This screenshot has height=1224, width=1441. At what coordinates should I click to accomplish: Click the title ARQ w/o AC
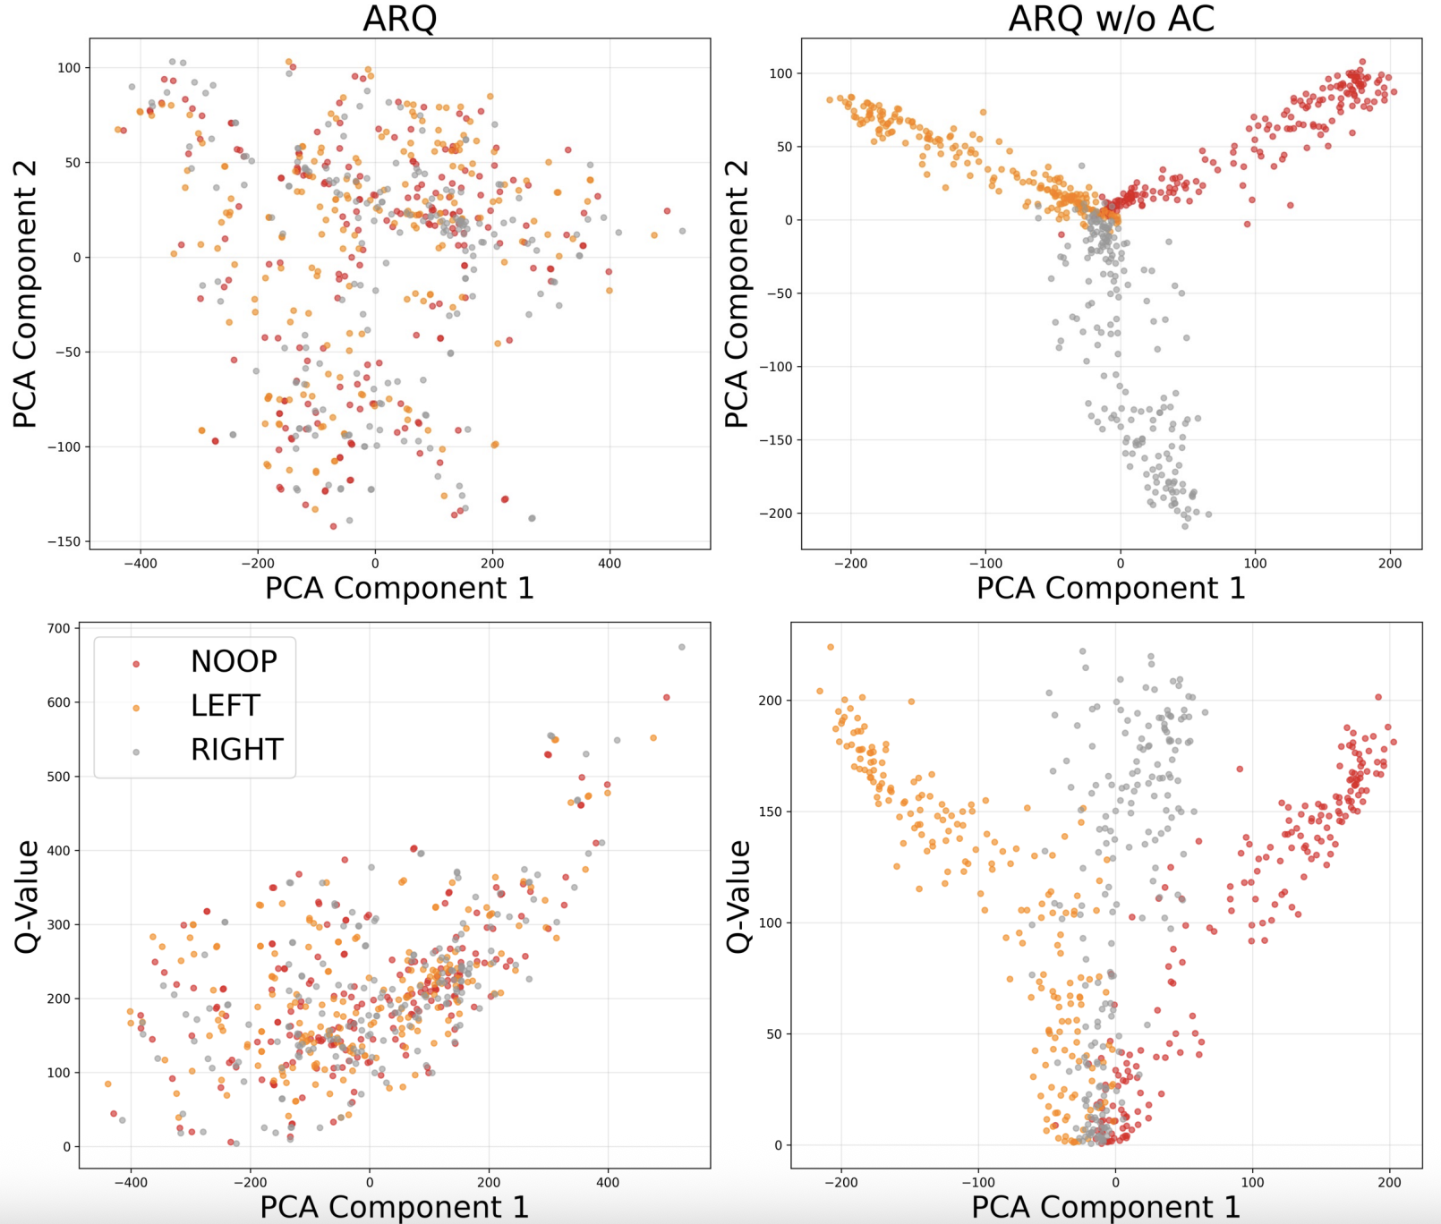point(1111,18)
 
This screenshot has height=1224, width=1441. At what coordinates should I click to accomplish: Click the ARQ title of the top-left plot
point(399,18)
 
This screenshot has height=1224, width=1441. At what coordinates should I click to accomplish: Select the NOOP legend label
point(234,661)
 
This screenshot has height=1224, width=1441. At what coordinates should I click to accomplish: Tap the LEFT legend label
point(225,706)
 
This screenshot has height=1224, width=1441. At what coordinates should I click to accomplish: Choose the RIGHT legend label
point(236,750)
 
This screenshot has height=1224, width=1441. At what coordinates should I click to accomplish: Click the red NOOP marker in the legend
point(136,664)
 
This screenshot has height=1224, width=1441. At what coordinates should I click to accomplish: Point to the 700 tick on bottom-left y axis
point(59,628)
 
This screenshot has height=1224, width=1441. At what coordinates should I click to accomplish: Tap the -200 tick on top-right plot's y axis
point(775,514)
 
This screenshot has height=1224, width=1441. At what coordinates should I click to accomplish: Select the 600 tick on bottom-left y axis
point(59,702)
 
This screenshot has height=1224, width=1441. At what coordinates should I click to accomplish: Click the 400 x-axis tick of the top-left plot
point(609,564)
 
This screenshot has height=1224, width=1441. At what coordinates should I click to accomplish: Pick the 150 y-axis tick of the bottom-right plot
point(770,812)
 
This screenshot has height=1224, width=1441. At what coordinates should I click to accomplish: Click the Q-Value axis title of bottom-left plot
point(27,897)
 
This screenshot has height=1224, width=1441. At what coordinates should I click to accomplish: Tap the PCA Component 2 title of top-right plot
point(737,293)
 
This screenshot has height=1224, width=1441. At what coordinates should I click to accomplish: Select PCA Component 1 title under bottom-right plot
point(1105,1207)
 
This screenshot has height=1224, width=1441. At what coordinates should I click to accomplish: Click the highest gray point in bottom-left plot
point(682,647)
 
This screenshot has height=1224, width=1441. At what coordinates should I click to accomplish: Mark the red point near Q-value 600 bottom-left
point(666,697)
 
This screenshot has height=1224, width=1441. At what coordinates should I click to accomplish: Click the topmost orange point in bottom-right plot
point(831,647)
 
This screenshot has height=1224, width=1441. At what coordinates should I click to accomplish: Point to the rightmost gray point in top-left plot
point(682,231)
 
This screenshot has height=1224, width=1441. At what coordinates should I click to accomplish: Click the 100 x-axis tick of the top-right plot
point(1255,564)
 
